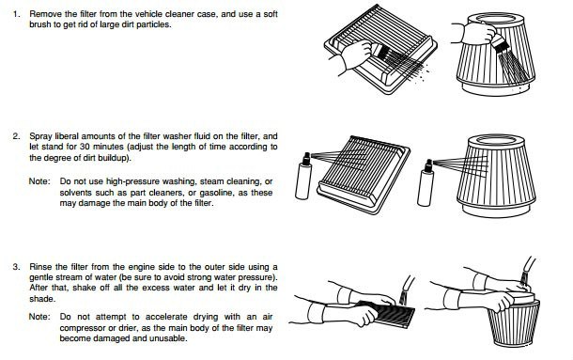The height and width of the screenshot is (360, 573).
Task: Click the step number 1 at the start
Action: click(x=15, y=14)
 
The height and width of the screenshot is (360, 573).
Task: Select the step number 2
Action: click(x=16, y=136)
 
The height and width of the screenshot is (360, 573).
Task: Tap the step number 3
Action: click(x=16, y=267)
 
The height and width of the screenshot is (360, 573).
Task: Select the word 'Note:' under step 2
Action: click(x=39, y=181)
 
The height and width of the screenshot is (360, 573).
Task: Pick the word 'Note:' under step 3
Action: click(x=39, y=317)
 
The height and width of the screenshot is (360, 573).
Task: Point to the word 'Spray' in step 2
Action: click(x=40, y=137)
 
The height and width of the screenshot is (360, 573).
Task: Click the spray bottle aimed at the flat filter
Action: click(x=303, y=177)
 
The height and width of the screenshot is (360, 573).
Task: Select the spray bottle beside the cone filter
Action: click(x=426, y=183)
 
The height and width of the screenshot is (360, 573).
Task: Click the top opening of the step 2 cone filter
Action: click(x=496, y=140)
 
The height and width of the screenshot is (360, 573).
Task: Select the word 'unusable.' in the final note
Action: click(x=170, y=338)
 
